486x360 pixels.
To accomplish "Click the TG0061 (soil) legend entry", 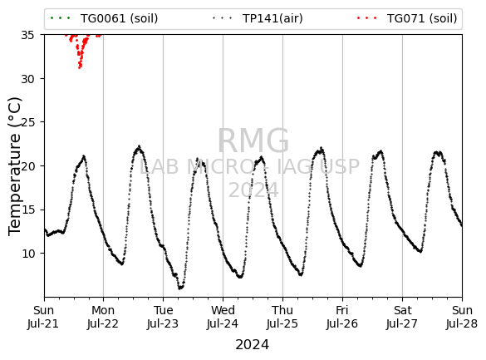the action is coord(104,18).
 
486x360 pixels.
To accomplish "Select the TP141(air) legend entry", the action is coord(258,18).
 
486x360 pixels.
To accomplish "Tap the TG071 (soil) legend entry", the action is coord(407,18).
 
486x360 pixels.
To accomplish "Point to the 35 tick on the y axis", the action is coord(27,35).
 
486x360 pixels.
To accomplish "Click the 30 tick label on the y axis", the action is coord(27,79).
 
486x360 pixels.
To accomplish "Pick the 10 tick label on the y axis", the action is coord(27,254).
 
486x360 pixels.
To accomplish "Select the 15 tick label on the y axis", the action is coord(27,210).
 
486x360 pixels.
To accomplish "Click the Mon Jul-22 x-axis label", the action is coord(103,317).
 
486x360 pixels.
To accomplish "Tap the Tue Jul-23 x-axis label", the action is coord(163,317).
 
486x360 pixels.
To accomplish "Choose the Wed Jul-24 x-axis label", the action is coord(223,317).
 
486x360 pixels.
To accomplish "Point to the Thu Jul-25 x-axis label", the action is coord(282,317).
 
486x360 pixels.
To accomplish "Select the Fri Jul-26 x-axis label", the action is coord(342,317).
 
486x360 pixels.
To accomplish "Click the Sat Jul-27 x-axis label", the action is coord(402,317).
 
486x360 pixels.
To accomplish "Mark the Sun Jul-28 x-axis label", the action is coord(462,317).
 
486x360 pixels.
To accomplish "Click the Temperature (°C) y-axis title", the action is coord(15,166).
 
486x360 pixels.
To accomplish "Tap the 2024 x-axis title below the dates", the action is coord(253,345).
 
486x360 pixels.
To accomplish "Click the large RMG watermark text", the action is coord(253,141).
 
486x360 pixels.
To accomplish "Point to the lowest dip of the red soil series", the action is coord(80,67).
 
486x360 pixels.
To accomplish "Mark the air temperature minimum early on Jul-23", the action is coord(179,288).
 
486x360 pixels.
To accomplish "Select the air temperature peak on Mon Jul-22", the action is coord(140,146).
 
